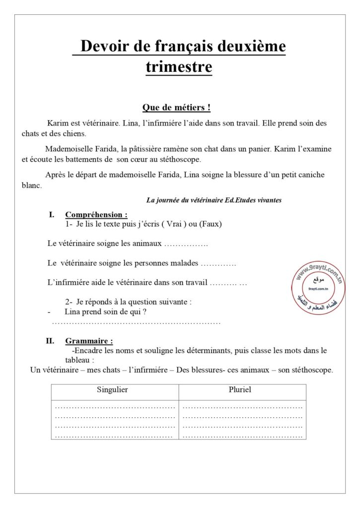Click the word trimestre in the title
179,66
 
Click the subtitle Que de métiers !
176,107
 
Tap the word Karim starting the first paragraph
58,123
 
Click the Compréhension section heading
96,215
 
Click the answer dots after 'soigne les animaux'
186,244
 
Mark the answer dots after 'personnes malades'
219,263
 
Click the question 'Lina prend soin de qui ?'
106,312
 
